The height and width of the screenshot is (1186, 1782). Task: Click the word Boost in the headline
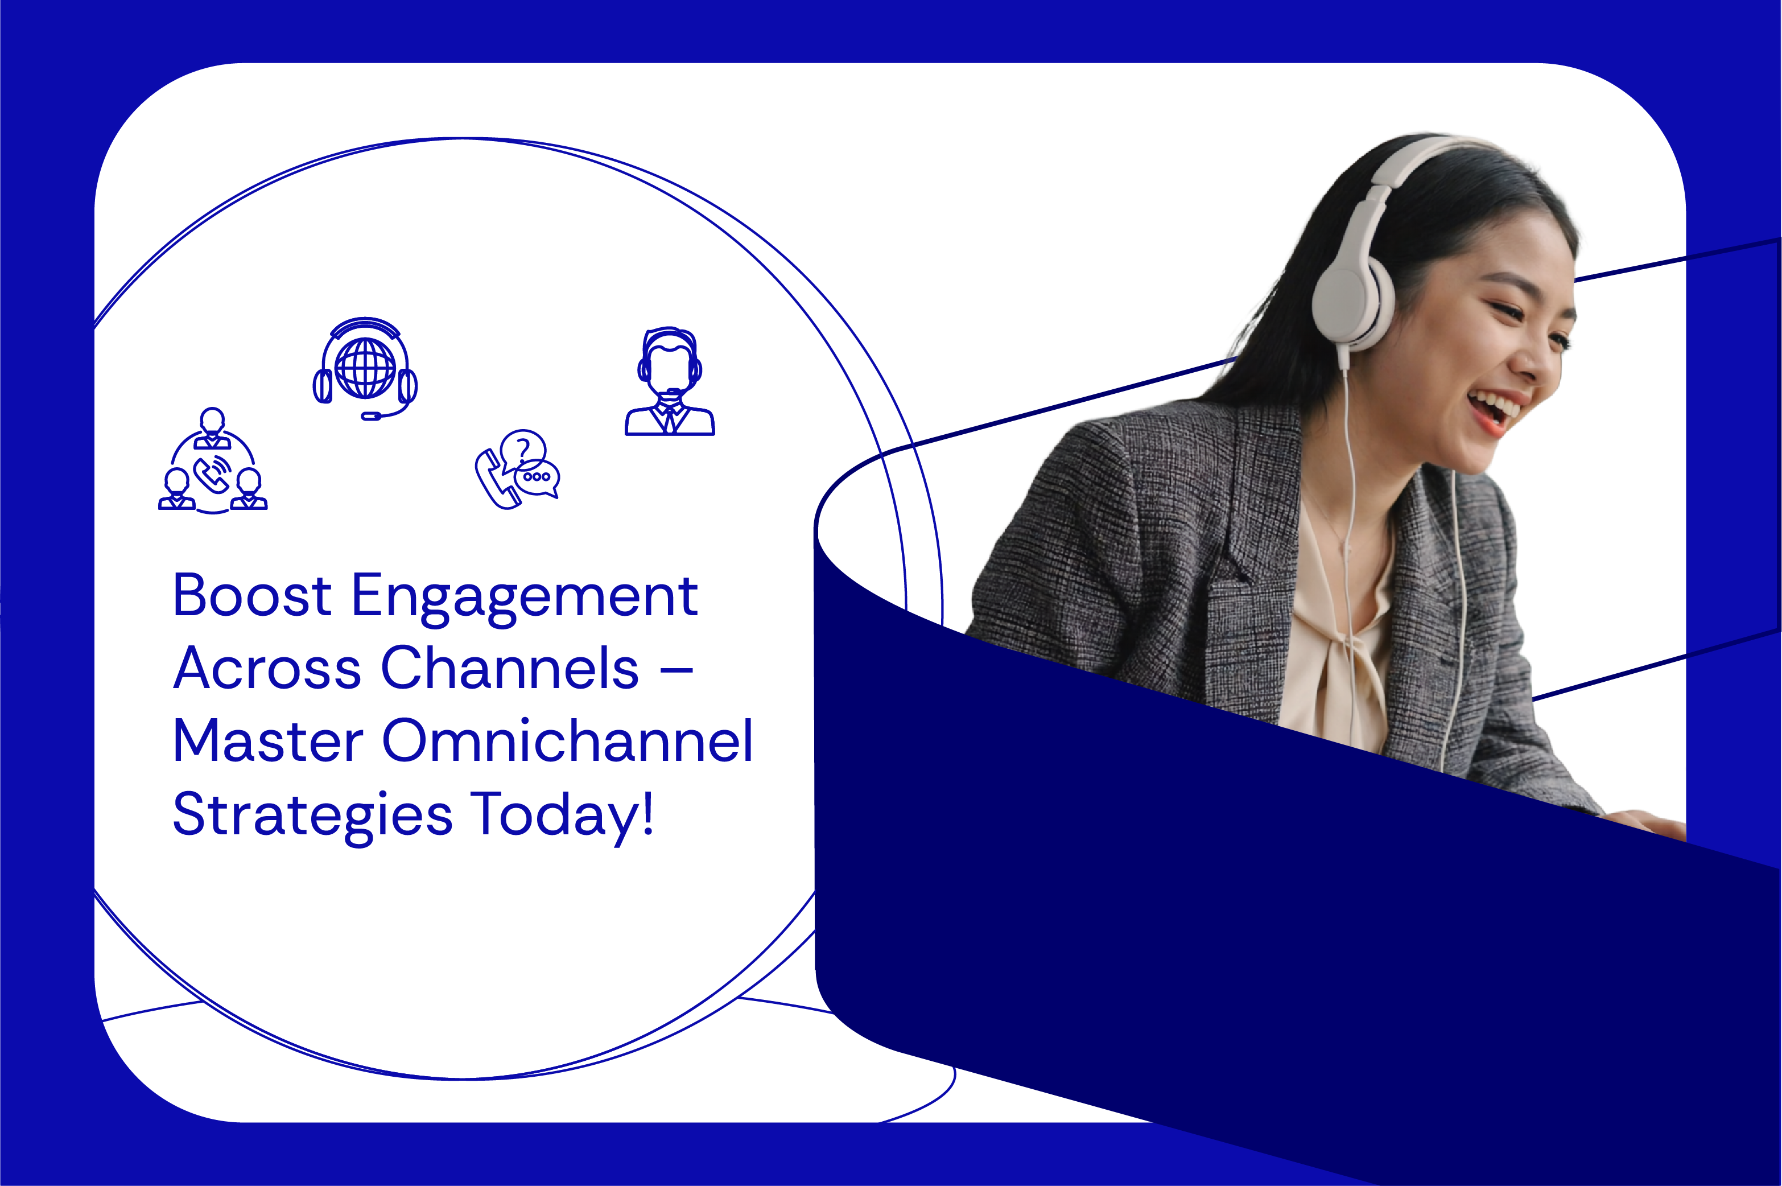point(251,595)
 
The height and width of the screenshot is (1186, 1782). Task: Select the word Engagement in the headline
point(525,598)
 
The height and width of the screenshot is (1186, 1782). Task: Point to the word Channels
point(510,669)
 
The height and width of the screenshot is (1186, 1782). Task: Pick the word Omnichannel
point(568,740)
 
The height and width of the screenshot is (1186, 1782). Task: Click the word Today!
point(562,814)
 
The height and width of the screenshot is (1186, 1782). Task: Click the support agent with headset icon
point(669,381)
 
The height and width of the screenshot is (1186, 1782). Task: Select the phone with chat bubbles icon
point(518,470)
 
